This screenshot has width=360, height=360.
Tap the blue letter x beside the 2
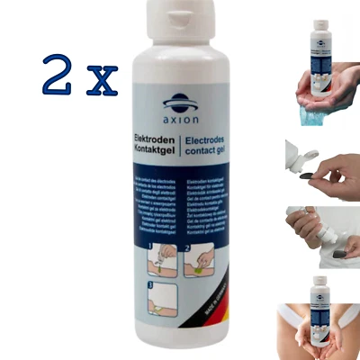coord(103,81)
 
